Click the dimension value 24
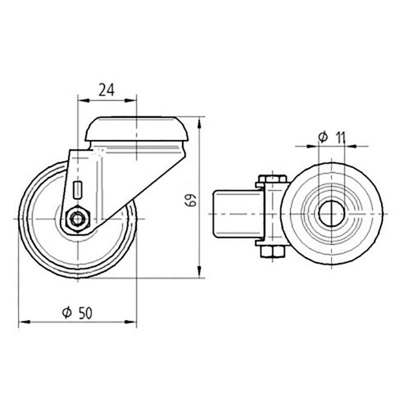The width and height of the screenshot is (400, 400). pos(107,90)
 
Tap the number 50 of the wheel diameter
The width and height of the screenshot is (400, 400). pos(85,313)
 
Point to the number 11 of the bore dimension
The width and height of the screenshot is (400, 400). pos(340,138)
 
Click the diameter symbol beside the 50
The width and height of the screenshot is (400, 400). pos(67,313)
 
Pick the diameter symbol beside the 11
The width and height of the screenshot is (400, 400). pos(323,138)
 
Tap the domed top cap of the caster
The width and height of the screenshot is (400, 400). pos(136,129)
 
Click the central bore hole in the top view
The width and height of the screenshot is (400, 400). pos(332,214)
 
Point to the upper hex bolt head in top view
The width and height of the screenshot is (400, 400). pos(272,179)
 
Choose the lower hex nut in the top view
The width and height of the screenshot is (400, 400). pos(272,252)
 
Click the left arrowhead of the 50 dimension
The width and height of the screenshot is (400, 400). pos(22,321)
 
